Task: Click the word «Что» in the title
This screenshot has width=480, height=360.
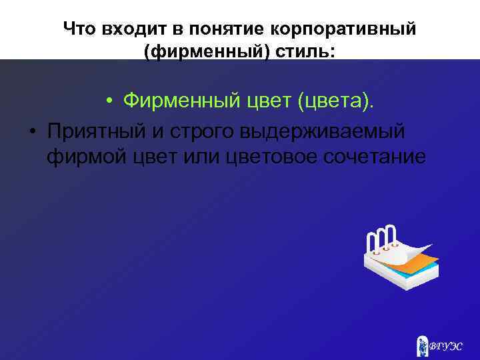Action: [80, 29]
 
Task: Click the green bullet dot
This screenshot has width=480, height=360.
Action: [107, 102]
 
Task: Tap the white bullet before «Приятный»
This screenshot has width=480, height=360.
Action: [31, 131]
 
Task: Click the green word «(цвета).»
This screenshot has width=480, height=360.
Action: [336, 101]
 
